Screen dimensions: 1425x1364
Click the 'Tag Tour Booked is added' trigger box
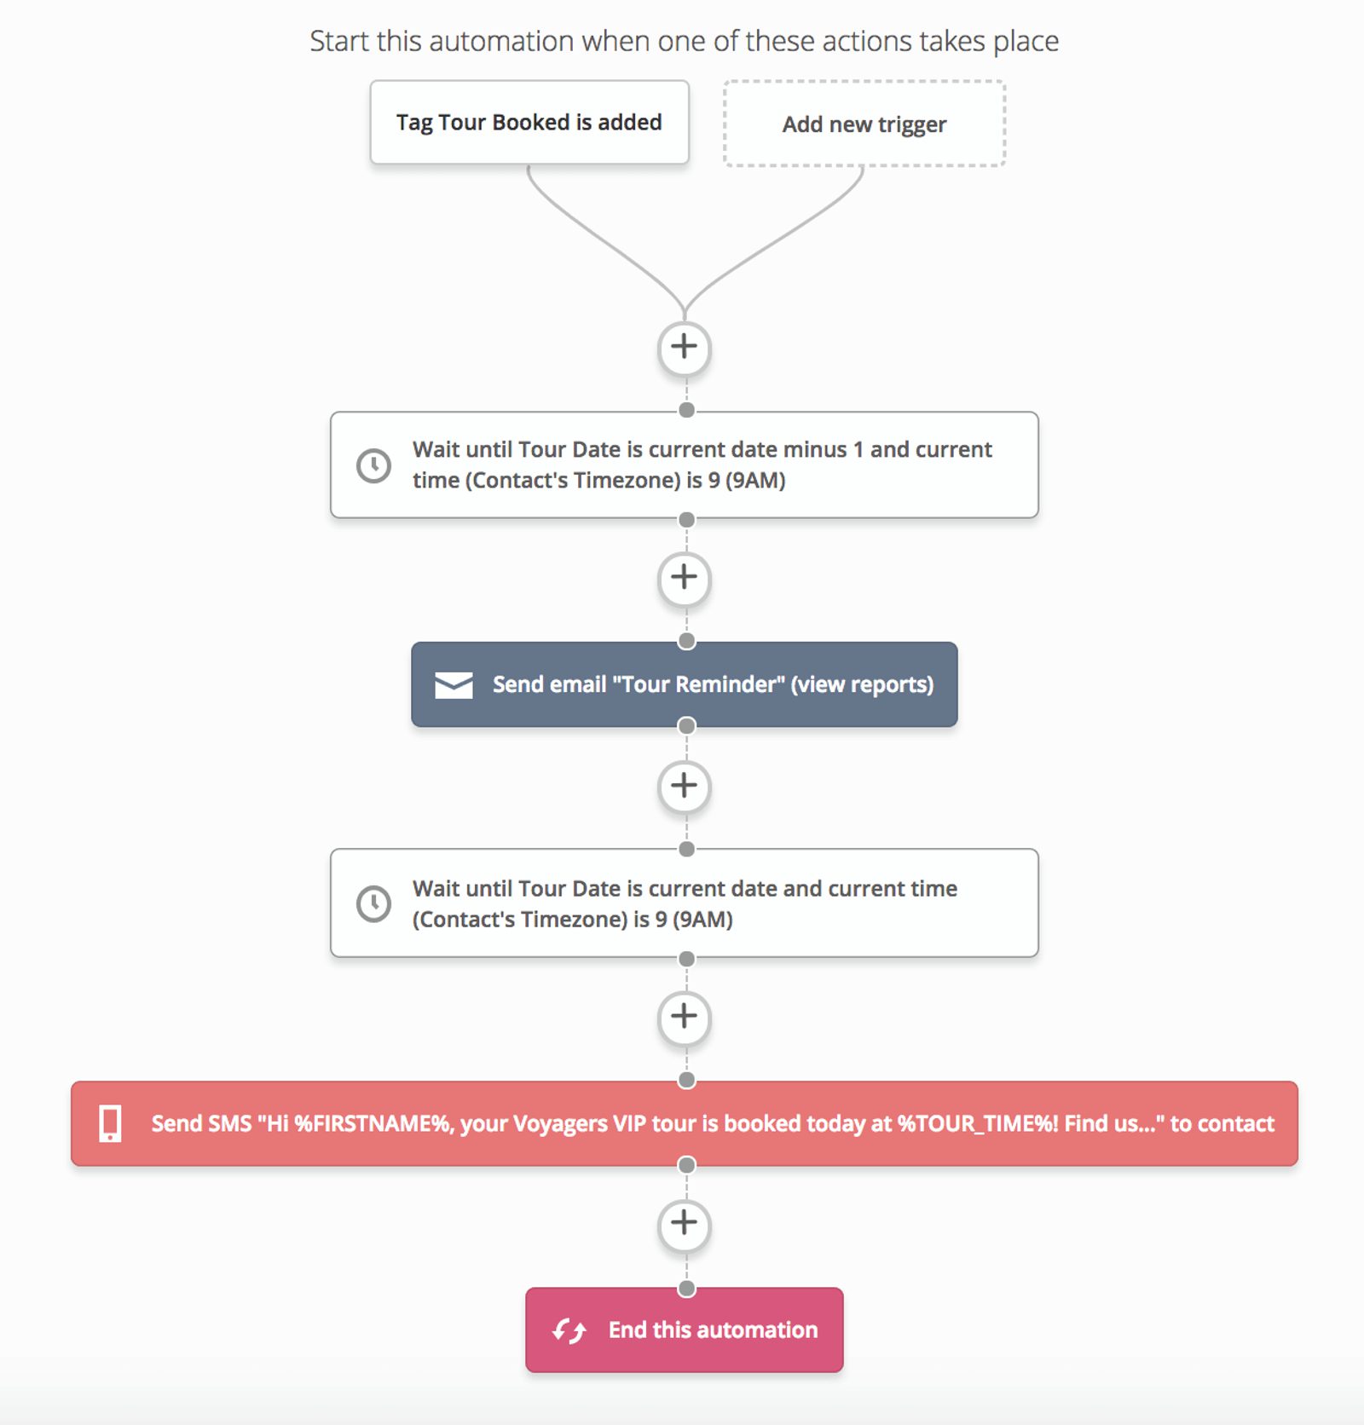point(529,123)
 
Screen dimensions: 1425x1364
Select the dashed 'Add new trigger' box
point(864,124)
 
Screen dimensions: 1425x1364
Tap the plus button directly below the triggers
point(684,348)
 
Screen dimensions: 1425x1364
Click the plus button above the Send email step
point(684,578)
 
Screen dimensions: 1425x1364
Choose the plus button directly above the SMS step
point(684,1016)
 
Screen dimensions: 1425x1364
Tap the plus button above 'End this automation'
point(684,1224)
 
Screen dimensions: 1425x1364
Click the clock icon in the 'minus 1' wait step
point(373,465)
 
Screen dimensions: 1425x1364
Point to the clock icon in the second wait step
point(373,903)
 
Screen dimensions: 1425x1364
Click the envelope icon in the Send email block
point(454,685)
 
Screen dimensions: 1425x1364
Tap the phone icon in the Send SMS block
point(110,1123)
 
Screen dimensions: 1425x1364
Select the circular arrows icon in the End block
point(569,1330)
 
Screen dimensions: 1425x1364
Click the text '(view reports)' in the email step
point(862,684)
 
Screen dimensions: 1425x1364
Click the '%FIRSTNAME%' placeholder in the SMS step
point(373,1123)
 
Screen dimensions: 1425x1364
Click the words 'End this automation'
point(713,1330)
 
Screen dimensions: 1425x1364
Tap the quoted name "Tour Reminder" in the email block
point(698,684)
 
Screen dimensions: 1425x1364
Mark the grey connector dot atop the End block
point(686,1289)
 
